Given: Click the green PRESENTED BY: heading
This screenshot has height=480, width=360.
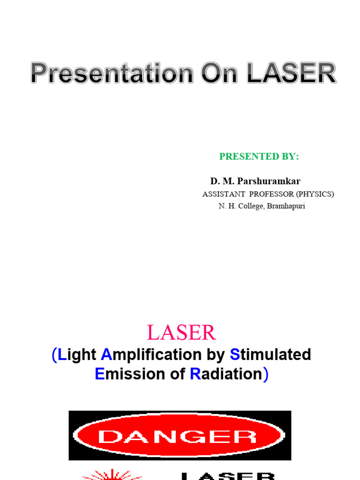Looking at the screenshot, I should (259, 157).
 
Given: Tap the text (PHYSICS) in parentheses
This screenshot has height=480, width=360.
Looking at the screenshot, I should (315, 194).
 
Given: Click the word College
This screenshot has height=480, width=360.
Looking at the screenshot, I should (251, 206).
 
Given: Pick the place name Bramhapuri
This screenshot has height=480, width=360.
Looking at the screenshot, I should (286, 206).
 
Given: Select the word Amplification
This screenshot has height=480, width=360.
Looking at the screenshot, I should (152, 355).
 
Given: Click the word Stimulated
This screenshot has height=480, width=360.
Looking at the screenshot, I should (270, 355).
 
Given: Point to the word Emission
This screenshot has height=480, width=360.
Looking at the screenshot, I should (123, 374).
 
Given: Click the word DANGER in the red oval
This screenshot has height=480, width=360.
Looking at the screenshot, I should (179, 436).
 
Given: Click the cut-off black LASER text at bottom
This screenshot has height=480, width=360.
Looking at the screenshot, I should (228, 475).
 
